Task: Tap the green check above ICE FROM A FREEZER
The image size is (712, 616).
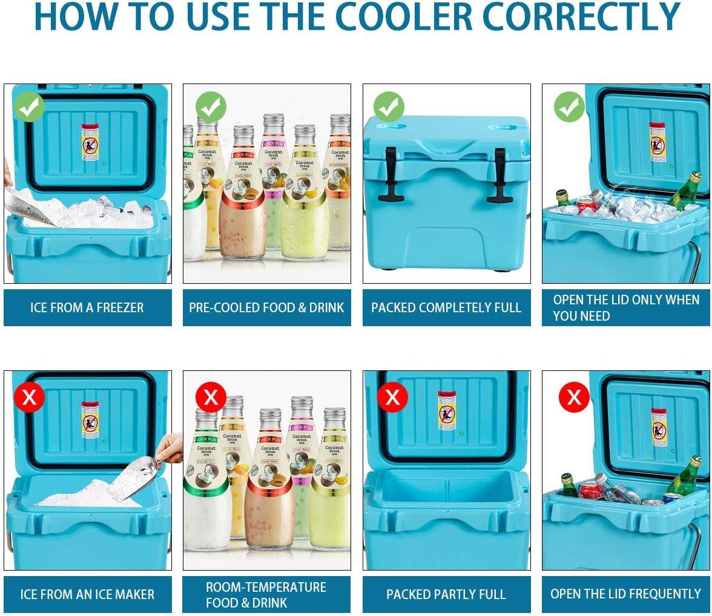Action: point(30,107)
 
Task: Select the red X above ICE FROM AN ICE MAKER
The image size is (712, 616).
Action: point(30,398)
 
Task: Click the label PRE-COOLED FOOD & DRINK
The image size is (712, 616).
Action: point(266,307)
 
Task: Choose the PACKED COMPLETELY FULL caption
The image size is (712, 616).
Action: point(446,307)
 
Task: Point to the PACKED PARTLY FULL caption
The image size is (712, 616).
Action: point(446,594)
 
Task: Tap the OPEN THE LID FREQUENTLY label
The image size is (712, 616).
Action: point(625,594)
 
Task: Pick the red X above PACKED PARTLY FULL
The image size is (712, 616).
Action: point(392,398)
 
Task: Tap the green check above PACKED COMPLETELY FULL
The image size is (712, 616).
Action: point(389,107)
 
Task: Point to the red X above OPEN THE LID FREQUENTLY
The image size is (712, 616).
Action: point(573,398)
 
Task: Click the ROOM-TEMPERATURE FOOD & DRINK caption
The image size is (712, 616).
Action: point(266,594)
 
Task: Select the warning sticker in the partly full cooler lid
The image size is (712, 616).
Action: point(447,411)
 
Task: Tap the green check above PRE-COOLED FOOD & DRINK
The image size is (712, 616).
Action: point(211,107)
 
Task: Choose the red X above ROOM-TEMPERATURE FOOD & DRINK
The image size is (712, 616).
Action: point(211,398)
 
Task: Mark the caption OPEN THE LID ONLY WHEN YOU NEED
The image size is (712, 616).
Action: point(625,307)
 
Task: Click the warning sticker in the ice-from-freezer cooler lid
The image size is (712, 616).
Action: point(90,142)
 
